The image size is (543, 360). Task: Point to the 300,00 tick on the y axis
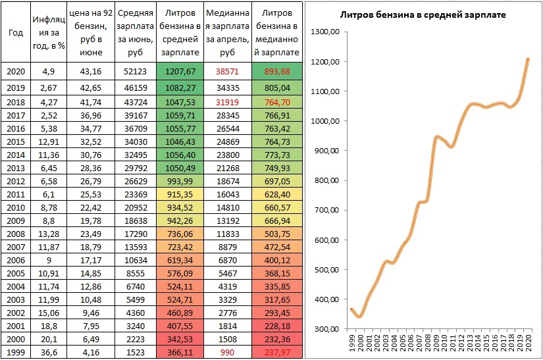pos(326,329)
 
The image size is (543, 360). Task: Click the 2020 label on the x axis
pos(527,345)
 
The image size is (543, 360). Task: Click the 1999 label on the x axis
pos(352,345)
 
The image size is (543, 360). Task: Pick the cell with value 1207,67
pos(178,71)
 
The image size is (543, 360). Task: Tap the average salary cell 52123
pos(135,71)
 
